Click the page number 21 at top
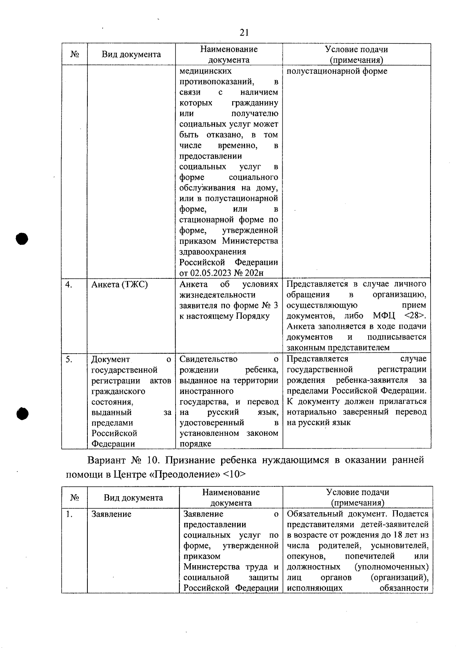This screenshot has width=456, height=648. (244, 33)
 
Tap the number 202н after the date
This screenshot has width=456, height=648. (255, 273)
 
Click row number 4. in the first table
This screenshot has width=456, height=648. (69, 284)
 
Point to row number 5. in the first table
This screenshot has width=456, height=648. (69, 359)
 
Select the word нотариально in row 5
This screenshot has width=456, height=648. (311, 412)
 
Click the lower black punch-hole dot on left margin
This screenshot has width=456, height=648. (22, 414)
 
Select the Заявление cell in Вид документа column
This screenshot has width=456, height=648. (112, 514)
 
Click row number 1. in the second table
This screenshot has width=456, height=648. (69, 514)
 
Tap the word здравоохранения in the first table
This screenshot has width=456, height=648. (213, 252)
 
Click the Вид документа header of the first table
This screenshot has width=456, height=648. (131, 54)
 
